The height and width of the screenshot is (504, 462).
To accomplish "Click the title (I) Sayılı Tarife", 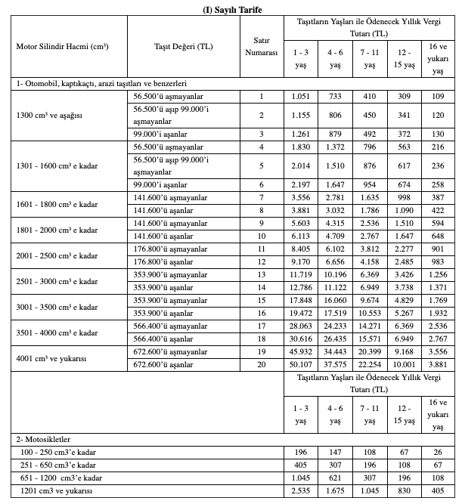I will [231, 8].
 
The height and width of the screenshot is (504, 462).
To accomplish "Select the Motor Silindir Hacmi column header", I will [62, 47].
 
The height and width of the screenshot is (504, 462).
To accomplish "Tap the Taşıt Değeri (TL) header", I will [182, 47].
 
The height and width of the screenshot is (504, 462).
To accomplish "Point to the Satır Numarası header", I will [261, 47].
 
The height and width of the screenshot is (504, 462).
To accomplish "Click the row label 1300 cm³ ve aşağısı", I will [49, 115].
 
